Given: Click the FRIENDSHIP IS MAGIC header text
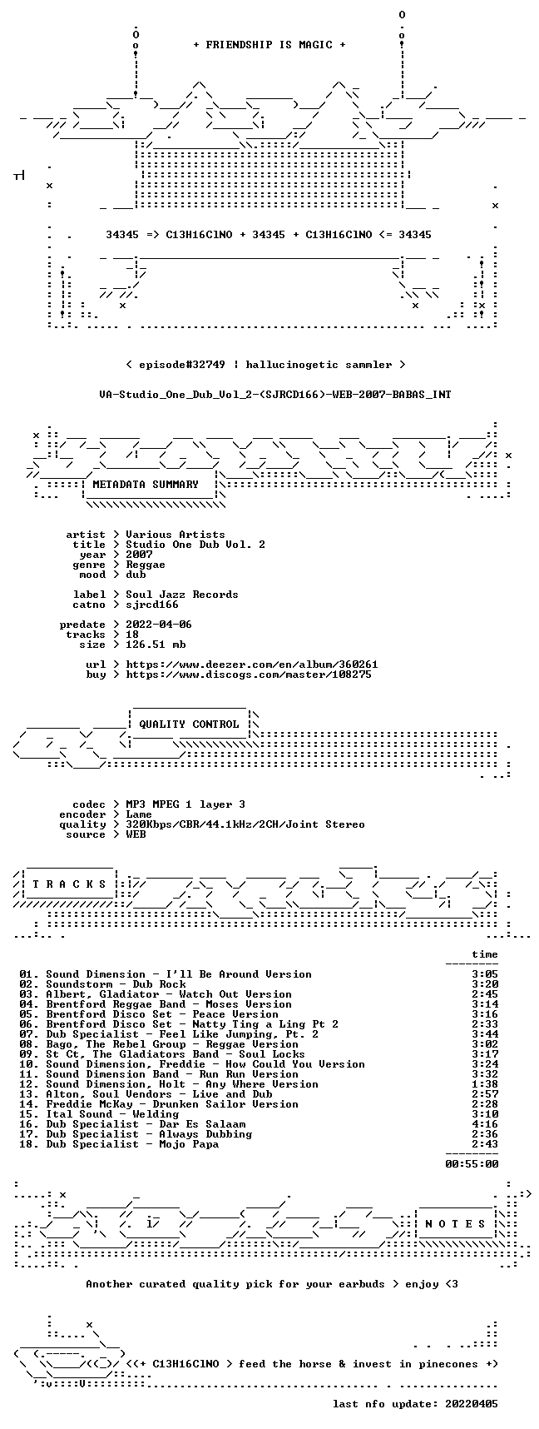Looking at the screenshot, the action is click(x=269, y=45).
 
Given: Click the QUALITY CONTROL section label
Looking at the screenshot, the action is click(x=189, y=724).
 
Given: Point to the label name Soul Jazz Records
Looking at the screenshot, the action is click(x=182, y=595).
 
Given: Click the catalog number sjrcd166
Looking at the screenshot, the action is click(x=152, y=605).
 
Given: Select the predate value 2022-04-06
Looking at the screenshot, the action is click(x=159, y=625).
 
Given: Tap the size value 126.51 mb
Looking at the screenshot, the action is click(x=156, y=645).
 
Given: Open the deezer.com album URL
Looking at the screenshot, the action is click(x=252, y=665).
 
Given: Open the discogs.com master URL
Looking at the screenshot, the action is click(x=249, y=675).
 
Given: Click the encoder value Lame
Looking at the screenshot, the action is click(x=139, y=814).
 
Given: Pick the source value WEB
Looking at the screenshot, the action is click(x=136, y=834).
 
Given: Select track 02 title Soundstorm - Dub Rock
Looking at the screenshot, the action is click(x=116, y=984).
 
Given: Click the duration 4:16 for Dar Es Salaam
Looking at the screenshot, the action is click(x=485, y=1124).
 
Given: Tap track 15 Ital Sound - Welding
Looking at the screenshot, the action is click(x=112, y=1114).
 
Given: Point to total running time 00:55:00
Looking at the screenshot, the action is click(x=472, y=1164).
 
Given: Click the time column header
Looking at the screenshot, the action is click(x=485, y=954).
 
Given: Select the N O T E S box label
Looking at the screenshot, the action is click(x=455, y=1224).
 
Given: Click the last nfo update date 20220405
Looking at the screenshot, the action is click(x=472, y=1404).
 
